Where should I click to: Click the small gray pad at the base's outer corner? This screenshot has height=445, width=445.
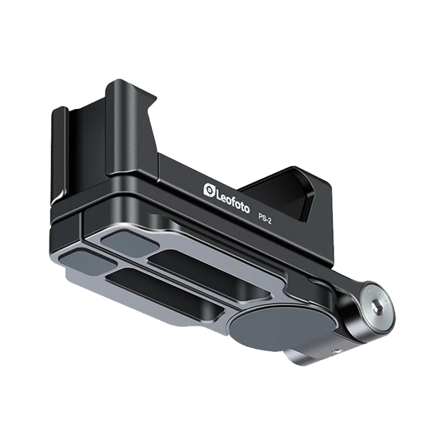coord(87,262)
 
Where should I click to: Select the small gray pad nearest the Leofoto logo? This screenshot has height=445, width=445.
coord(130,242)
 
